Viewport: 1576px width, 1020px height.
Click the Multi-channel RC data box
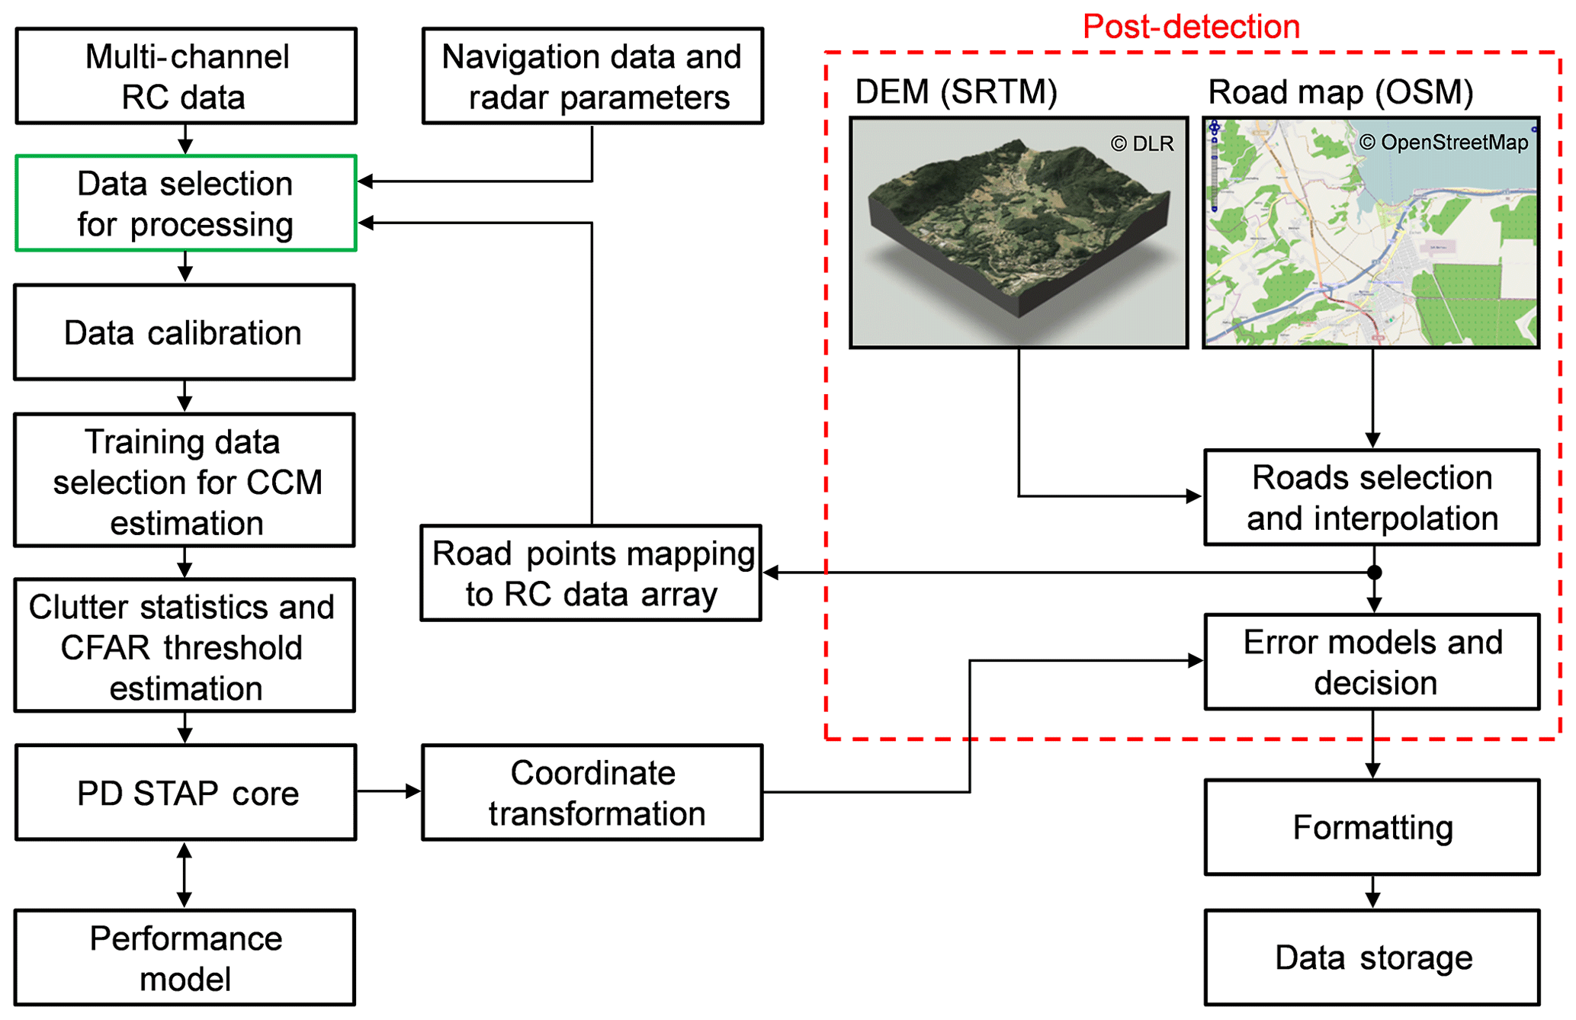point(186,76)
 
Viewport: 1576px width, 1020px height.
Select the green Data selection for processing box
point(186,204)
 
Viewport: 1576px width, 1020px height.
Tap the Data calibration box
point(185,332)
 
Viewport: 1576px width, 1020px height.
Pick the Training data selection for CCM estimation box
point(185,481)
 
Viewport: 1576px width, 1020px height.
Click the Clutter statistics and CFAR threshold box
point(185,646)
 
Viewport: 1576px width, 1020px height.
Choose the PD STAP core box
point(186,793)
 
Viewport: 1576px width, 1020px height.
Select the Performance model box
point(185,957)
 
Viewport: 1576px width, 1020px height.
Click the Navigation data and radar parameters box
point(592,76)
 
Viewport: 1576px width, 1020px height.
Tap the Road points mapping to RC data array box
point(592,573)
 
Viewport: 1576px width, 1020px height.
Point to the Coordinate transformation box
point(592,793)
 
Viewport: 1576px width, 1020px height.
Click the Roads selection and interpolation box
point(1372,498)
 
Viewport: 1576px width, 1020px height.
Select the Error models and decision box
point(1372,662)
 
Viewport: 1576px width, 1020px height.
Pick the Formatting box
point(1372,827)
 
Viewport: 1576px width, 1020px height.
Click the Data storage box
point(1372,957)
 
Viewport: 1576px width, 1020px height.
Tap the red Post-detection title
point(1191,27)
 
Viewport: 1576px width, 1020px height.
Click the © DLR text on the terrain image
point(1141,143)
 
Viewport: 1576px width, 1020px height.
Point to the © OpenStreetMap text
point(1443,143)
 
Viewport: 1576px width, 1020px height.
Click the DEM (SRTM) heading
point(956,91)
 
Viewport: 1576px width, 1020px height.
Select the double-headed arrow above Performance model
point(185,874)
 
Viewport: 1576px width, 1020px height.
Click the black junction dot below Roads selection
point(1374,573)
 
